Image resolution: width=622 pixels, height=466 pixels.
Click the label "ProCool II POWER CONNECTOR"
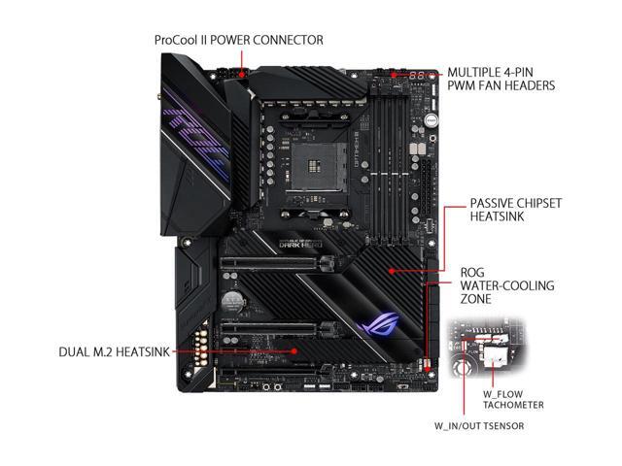click(x=239, y=40)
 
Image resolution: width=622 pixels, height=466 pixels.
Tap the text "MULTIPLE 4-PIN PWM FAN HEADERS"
click(x=500, y=79)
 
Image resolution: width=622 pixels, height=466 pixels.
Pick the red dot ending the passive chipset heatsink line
click(x=391, y=271)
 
